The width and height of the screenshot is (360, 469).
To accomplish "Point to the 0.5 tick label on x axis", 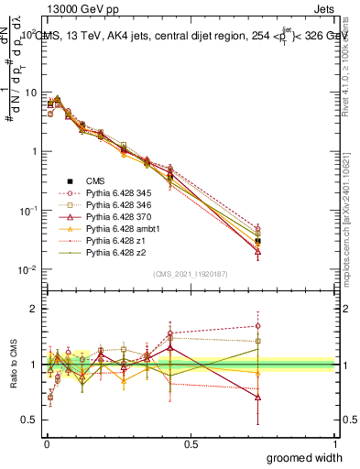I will (191, 442).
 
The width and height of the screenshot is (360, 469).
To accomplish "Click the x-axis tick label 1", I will (336, 442).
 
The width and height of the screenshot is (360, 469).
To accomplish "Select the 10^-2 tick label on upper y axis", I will (26, 269).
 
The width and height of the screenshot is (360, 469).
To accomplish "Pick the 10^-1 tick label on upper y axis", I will (26, 211).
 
